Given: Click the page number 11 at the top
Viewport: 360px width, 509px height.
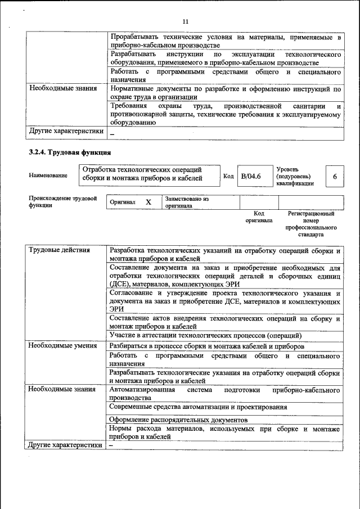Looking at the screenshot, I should [186, 21].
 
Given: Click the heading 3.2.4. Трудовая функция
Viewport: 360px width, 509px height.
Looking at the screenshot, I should [70, 152].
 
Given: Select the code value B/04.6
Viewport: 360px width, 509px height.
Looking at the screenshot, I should [251, 176].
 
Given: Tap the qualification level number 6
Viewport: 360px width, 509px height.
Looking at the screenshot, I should [335, 176].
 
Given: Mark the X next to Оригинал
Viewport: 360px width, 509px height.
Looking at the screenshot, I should [148, 202].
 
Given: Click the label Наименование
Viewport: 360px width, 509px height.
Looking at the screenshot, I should [48, 175].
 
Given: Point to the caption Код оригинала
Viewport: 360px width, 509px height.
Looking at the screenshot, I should [258, 217].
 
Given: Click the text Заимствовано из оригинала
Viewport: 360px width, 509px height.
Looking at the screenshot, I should [187, 202].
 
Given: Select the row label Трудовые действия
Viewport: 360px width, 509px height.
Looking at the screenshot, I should [59, 250].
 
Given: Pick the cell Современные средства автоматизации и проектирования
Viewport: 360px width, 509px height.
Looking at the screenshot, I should [198, 407].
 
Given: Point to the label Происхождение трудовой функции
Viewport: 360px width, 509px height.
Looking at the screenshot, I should [62, 202].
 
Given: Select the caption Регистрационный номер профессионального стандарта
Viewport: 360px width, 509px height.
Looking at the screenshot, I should [310, 224].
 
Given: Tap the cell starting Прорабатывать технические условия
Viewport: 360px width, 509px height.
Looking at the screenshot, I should [225, 41].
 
